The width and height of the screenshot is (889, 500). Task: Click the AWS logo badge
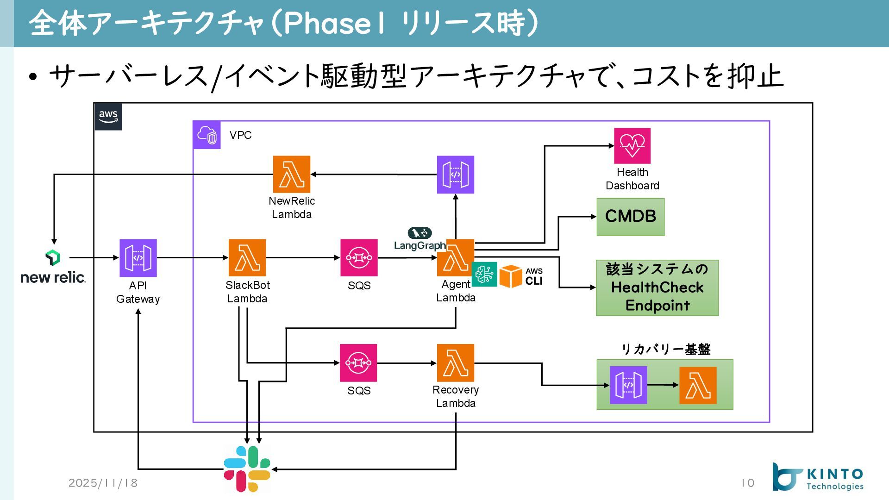point(108,117)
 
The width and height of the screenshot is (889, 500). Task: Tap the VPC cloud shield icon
point(207,135)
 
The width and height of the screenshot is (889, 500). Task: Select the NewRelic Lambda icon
point(292,175)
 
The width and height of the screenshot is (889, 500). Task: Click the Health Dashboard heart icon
point(632,146)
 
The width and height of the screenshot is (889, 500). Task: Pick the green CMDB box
point(631,217)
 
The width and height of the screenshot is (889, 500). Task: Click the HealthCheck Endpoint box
point(657,288)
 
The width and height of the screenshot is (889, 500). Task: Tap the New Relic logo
point(53,267)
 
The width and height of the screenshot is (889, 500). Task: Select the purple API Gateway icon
point(138,258)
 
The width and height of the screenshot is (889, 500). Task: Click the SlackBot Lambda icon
point(247,258)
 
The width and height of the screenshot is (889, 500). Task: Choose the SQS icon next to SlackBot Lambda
point(359,258)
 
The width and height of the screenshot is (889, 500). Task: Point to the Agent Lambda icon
point(456,258)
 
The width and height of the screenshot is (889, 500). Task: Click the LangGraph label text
point(420,245)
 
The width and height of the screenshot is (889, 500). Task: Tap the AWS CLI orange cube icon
point(511,276)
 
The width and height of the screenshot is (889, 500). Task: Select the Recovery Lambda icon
point(456,363)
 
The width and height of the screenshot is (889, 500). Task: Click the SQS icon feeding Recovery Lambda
point(358,363)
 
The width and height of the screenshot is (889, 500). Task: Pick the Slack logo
point(247,469)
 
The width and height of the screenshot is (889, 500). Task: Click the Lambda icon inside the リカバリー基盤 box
point(698,385)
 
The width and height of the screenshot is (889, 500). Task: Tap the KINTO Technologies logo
point(818,477)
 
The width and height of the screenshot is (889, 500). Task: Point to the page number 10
point(748,483)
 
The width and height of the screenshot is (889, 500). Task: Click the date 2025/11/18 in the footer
point(103,483)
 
